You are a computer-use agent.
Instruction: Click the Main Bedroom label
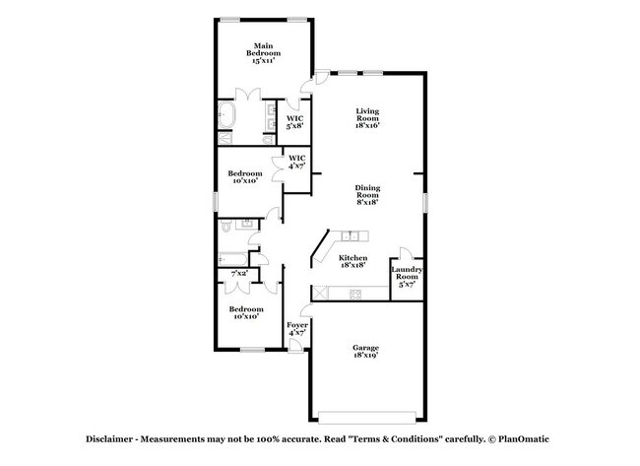(263, 51)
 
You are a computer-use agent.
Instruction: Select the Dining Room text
(367, 194)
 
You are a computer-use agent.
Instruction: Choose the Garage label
(366, 348)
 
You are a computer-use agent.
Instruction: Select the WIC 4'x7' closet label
(296, 162)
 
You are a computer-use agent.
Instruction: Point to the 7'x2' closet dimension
(238, 272)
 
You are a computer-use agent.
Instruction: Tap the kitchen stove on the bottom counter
(355, 294)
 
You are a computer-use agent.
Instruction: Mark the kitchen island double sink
(351, 234)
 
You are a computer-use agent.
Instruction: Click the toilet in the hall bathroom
(226, 226)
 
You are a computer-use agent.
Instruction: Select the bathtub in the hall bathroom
(232, 257)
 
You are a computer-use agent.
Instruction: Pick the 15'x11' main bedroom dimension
(263, 60)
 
